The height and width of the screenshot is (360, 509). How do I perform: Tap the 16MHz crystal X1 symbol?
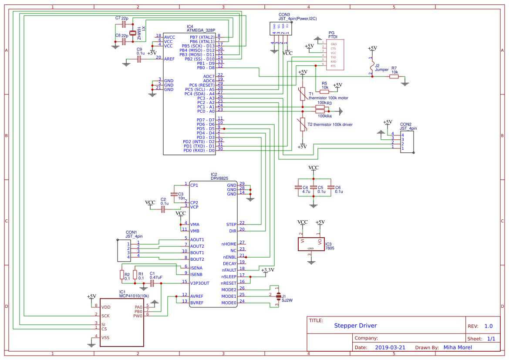pyautogui.click(x=133, y=33)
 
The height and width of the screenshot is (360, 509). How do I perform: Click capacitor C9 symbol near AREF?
pyautogui.click(x=139, y=59)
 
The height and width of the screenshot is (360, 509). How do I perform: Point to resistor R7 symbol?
pyautogui.click(x=394, y=77)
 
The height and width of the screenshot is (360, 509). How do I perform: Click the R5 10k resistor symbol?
pyautogui.click(x=324, y=91)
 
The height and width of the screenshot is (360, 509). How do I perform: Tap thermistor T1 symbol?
pyautogui.click(x=303, y=94)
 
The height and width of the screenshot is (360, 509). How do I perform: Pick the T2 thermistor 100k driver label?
pyautogui.click(x=330, y=124)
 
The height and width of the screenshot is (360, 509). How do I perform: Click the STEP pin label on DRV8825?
pyautogui.click(x=231, y=225)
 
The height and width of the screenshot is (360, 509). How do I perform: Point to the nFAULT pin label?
pyautogui.click(x=229, y=270)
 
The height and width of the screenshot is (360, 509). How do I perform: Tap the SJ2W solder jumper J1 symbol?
pyautogui.click(x=277, y=296)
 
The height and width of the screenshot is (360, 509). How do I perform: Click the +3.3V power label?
pyautogui.click(x=267, y=270)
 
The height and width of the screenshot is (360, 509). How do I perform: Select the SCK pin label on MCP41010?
pyautogui.click(x=105, y=316)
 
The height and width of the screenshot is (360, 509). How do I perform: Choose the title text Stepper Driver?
pyautogui.click(x=355, y=326)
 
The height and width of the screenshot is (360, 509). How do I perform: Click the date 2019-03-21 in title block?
pyautogui.click(x=390, y=347)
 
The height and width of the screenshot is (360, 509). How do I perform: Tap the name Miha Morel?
pyautogui.click(x=457, y=347)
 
